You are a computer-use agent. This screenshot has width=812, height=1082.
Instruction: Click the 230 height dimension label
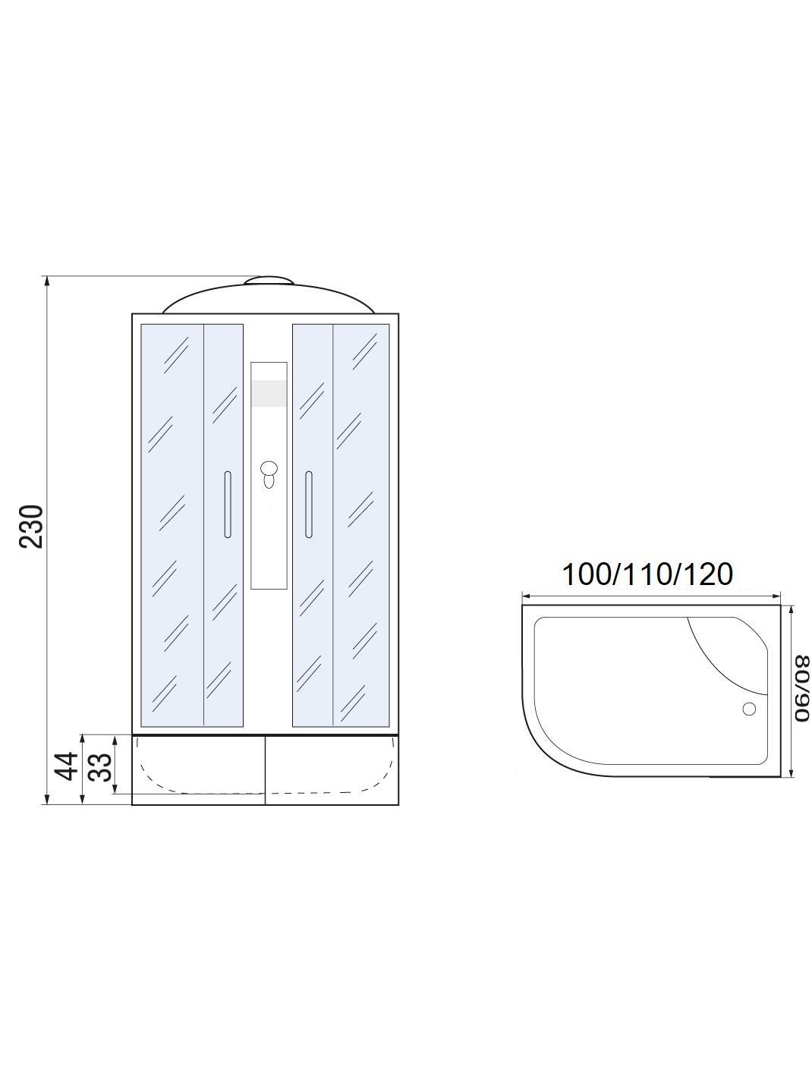tap(32, 526)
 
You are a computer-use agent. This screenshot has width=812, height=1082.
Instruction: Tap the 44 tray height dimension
tap(66, 766)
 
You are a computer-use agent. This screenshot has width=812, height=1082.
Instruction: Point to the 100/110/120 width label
tap(647, 574)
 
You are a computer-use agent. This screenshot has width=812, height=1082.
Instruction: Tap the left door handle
tap(227, 504)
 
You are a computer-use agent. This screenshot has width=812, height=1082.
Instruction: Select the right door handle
tap(309, 505)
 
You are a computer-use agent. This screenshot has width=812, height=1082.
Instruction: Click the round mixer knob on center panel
tap(269, 467)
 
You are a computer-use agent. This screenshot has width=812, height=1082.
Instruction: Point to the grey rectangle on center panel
tap(269, 394)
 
